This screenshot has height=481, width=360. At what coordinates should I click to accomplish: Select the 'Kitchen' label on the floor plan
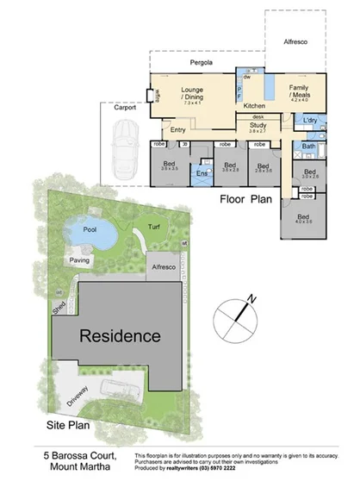pos(243,103)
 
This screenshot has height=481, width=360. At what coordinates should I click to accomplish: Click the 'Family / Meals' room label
pos(299,91)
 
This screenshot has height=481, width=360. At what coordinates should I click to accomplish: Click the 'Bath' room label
pos(309,147)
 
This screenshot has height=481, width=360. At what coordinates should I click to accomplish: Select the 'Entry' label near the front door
pos(178,130)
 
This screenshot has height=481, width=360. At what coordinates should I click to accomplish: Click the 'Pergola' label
pos(202,64)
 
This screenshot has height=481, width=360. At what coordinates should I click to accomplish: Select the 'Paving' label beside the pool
pos(80,259)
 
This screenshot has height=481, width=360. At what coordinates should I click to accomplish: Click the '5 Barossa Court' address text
pos(81,453)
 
